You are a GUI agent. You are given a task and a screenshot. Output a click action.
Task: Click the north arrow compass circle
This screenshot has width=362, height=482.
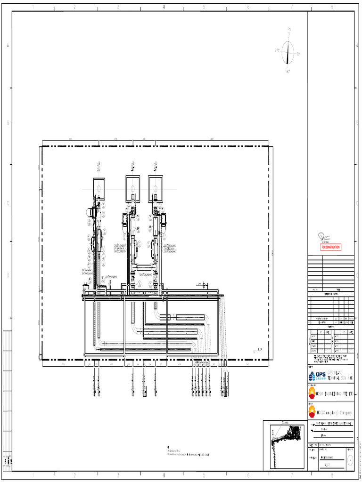288,52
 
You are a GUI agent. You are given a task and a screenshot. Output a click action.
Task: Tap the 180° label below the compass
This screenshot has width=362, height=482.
288,71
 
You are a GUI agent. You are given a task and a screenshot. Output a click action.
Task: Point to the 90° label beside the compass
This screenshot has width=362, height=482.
299,54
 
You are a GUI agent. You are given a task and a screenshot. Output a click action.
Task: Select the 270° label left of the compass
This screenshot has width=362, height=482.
277,50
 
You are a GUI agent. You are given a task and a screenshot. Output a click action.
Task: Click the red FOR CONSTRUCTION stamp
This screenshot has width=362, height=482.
330,247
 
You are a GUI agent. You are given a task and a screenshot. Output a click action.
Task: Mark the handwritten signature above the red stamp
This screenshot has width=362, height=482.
326,237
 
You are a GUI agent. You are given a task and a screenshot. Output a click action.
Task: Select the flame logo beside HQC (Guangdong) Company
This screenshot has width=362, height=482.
312,412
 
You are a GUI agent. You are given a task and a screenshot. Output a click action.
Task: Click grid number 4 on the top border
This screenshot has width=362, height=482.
163,7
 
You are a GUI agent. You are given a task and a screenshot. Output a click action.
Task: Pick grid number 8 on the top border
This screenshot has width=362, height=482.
332,7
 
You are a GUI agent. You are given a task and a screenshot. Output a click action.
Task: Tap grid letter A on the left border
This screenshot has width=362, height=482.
8,45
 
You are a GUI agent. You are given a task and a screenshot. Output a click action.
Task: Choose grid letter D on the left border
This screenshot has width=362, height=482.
8,275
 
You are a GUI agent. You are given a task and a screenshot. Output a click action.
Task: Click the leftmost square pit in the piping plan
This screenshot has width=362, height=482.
99,189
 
